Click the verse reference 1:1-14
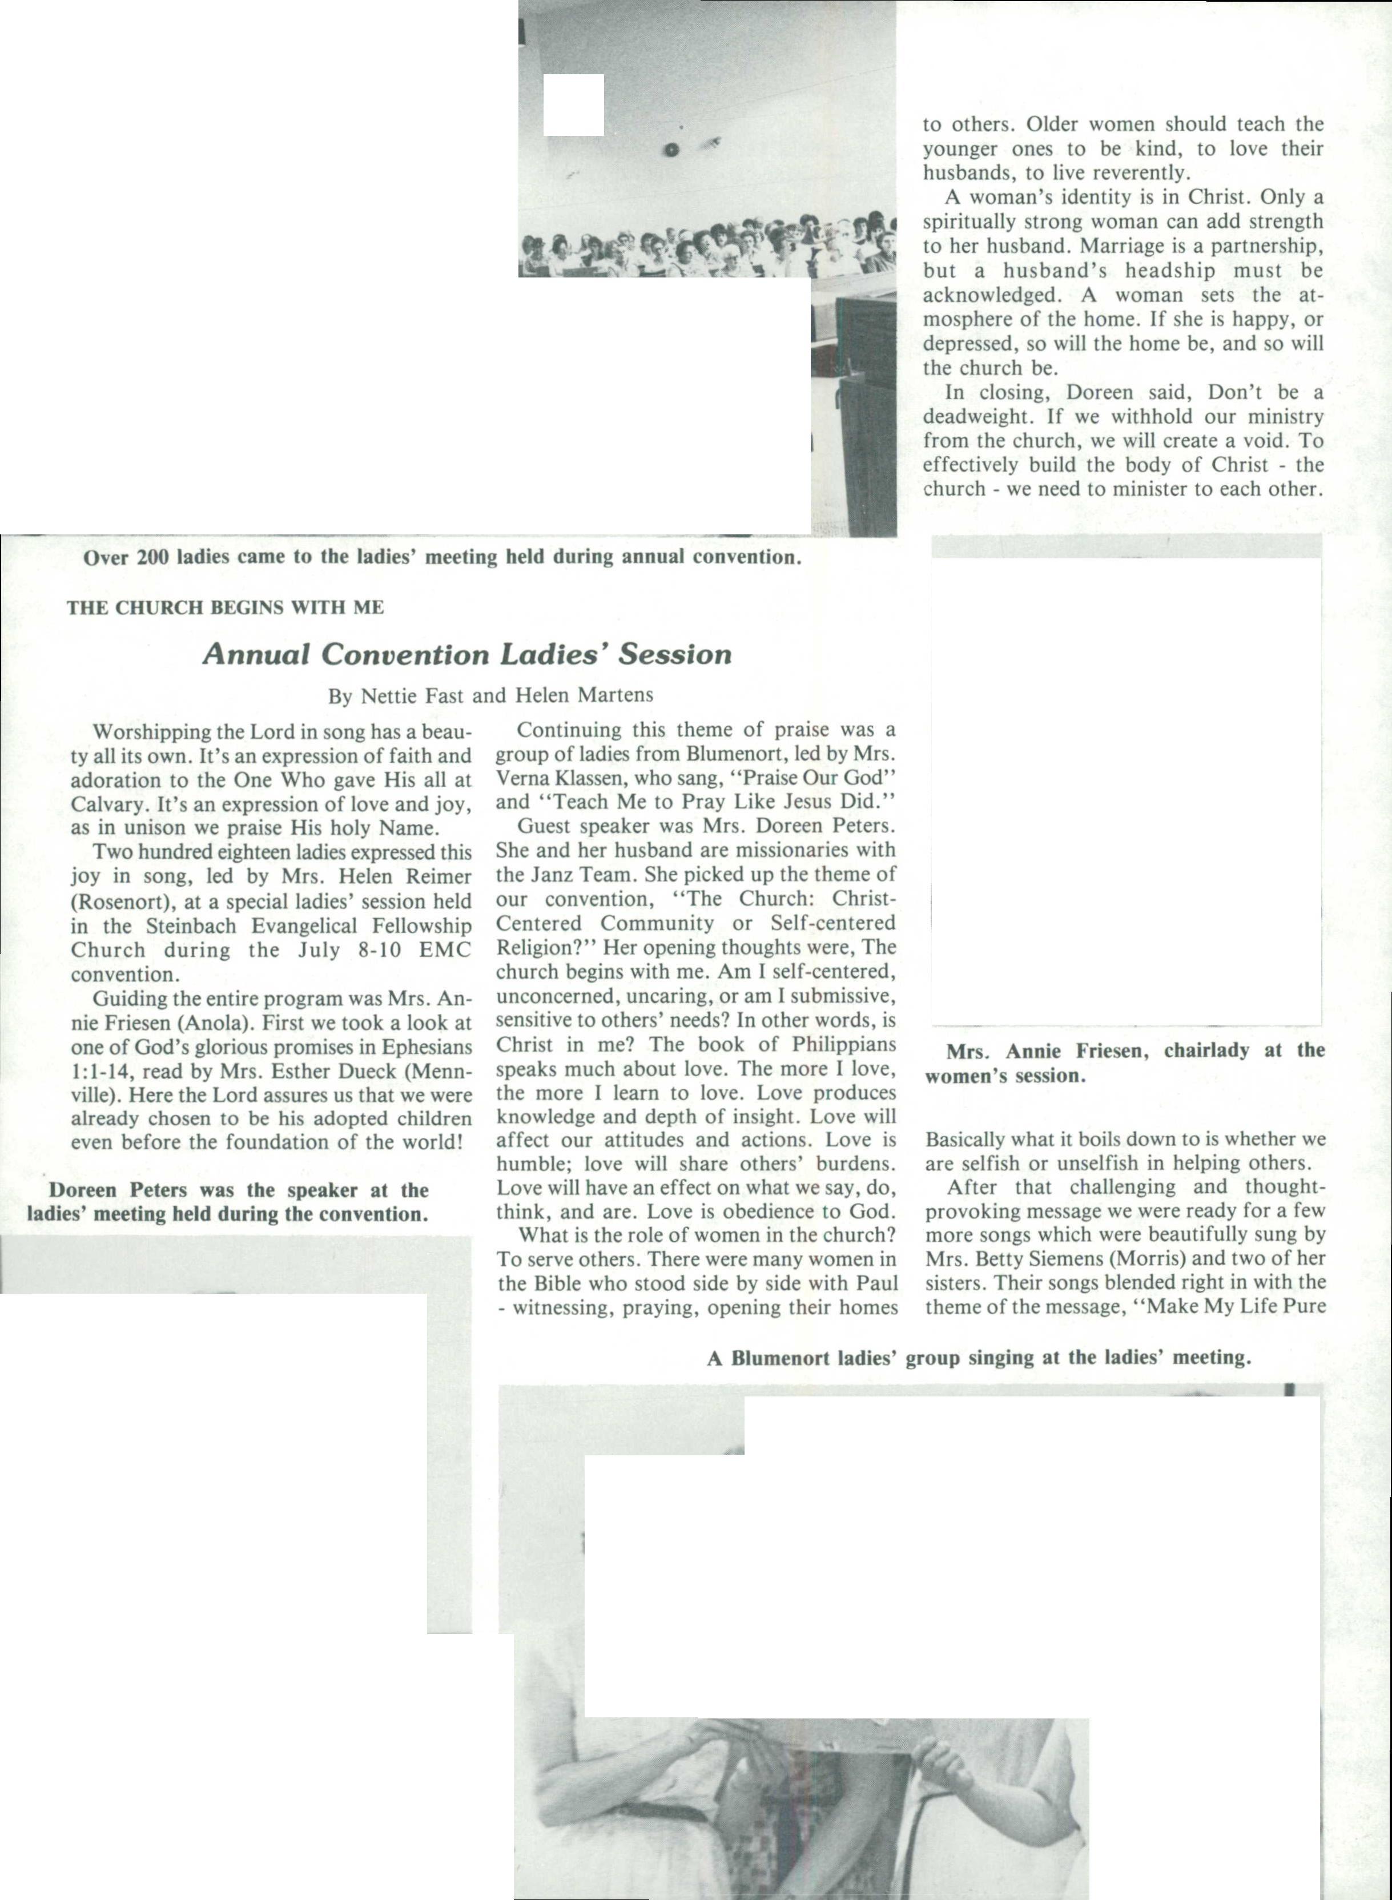101,1072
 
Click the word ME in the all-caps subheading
369,607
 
